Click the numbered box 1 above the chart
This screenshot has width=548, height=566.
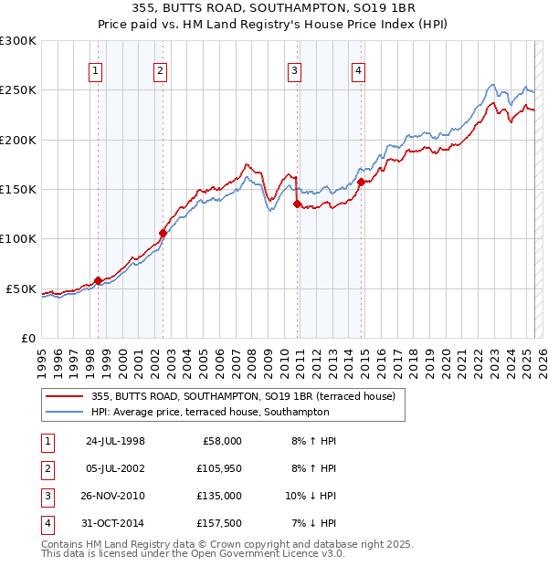point(96,71)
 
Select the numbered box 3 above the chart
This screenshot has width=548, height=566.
point(295,71)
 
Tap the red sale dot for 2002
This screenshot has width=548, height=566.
point(163,233)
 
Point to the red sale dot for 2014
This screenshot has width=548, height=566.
point(361,182)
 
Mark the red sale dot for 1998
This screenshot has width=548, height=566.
point(98,280)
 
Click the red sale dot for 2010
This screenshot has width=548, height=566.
point(297,204)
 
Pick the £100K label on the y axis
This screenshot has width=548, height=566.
point(18,239)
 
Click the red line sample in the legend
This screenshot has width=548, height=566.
point(66,397)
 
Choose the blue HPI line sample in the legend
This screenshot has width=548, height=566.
point(66,412)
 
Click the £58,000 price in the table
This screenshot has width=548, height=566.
point(222,442)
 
